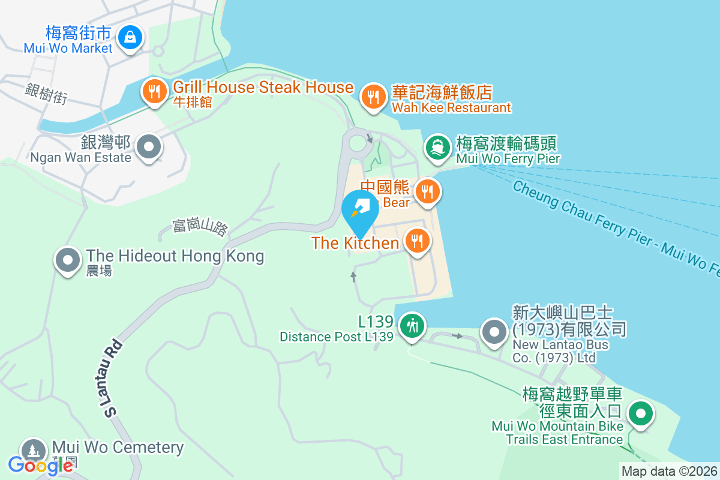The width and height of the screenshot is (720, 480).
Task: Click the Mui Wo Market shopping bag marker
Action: [x=129, y=37]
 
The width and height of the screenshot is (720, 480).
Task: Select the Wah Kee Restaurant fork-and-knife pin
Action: [x=373, y=96]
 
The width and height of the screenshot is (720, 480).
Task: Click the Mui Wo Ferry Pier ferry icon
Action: [x=438, y=147]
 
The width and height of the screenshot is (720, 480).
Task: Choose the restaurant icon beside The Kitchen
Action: [x=416, y=241]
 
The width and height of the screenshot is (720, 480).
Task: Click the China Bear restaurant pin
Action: [x=427, y=192]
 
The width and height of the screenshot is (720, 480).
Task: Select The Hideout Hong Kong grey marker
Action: [x=68, y=260]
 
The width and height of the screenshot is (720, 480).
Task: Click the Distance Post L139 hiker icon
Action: [x=412, y=326]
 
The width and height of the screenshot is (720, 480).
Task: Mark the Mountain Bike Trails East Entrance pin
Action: [x=641, y=414]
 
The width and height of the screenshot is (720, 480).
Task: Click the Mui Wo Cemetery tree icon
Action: [x=32, y=451]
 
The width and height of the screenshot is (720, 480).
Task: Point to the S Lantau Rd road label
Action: [x=109, y=379]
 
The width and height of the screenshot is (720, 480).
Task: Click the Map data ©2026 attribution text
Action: [x=668, y=471]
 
